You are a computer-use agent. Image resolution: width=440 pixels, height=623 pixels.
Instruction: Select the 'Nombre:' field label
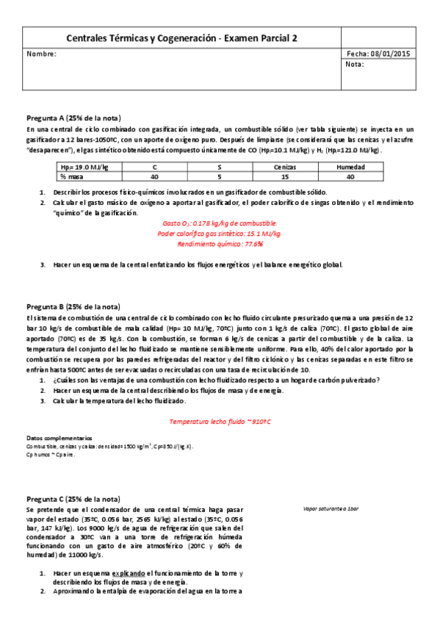[x=41, y=54]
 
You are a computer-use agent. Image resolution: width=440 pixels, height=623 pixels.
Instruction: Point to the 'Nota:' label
[x=355, y=65]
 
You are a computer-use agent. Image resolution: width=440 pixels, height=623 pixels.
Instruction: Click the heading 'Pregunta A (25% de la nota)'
[x=73, y=118]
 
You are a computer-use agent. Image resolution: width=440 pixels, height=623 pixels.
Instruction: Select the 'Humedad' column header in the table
[x=350, y=168]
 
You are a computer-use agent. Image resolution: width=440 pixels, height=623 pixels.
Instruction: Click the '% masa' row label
[x=74, y=176]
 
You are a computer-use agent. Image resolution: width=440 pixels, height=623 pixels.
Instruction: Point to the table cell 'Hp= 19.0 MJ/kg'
[x=84, y=168]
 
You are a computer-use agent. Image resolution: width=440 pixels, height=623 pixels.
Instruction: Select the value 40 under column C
[x=154, y=176]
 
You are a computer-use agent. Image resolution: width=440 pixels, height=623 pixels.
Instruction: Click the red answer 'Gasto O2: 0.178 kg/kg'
[x=220, y=223]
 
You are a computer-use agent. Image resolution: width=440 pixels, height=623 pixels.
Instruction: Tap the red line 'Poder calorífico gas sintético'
[x=220, y=234]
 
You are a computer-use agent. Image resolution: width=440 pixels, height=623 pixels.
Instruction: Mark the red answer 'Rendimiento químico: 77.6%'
[x=220, y=244]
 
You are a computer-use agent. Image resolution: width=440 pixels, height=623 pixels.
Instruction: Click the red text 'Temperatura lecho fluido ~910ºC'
[x=220, y=422]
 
